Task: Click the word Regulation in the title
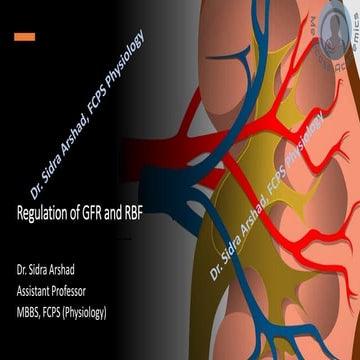pyautogui.click(x=44, y=213)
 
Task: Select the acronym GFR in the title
pyautogui.click(x=96, y=213)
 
